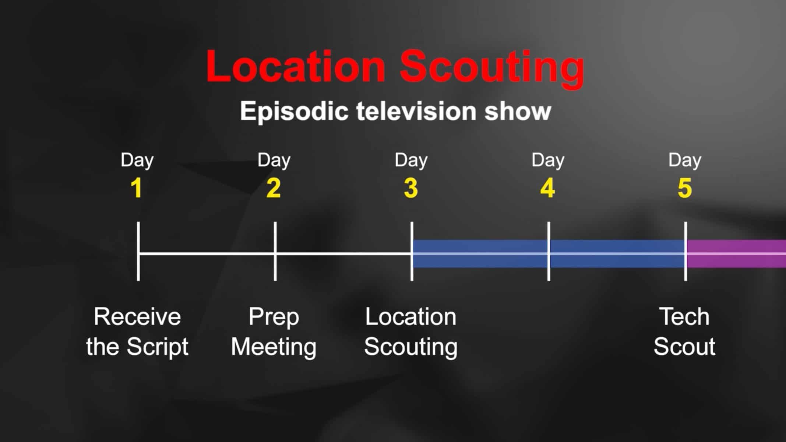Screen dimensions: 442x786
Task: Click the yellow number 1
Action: pos(137,189)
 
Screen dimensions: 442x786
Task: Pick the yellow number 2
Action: pos(274,189)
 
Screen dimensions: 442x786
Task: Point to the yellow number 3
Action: pos(411,189)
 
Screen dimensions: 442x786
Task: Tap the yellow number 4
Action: pos(547,189)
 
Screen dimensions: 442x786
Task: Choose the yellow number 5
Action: pos(685,189)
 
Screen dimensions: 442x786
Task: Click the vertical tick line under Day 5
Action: pos(685,232)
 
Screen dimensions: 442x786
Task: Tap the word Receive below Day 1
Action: pos(137,317)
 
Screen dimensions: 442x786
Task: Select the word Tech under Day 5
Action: pos(684,317)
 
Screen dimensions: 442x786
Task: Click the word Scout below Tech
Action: pos(684,347)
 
